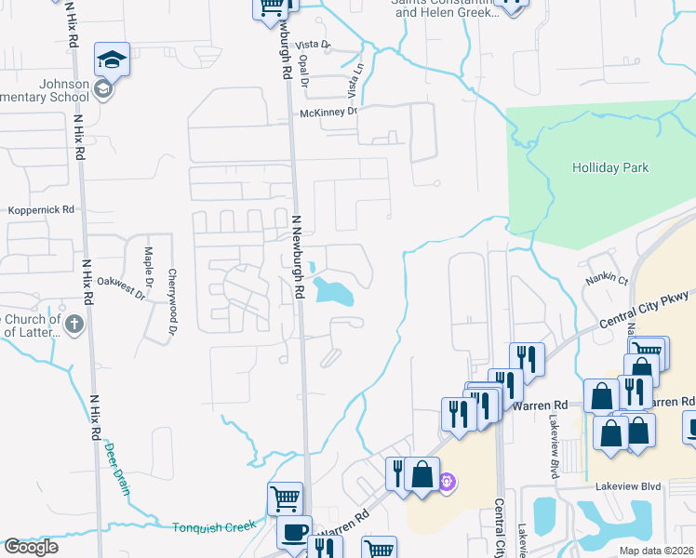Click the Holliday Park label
tap(611, 168)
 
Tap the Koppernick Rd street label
tap(41, 211)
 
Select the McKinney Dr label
tap(328, 113)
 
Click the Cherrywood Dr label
tap(172, 290)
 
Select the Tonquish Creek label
tap(214, 527)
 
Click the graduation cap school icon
tap(112, 60)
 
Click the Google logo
tap(31, 547)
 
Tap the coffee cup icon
tap(295, 532)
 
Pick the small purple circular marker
tap(448, 482)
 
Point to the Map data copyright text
tap(656, 551)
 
